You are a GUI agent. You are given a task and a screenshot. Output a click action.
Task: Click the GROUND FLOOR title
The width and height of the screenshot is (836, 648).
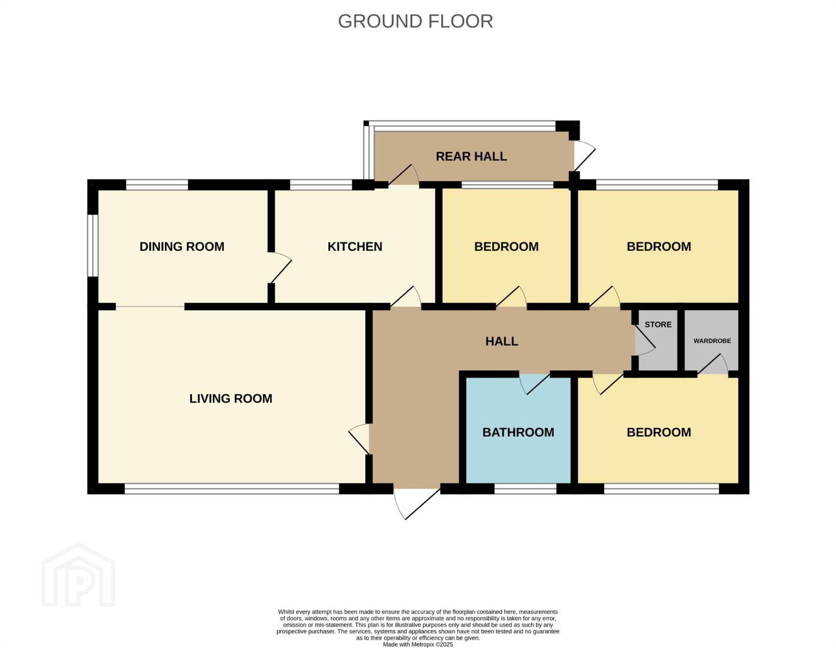coord(415,22)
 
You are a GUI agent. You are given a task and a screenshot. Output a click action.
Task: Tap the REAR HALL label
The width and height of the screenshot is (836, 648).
coord(471,157)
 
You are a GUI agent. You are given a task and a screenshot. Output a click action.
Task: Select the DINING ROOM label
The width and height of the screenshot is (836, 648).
coord(182,247)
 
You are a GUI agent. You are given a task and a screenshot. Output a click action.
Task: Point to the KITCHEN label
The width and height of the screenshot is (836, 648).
coord(355,247)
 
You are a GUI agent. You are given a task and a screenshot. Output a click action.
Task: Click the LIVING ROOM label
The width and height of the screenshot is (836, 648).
coord(231,398)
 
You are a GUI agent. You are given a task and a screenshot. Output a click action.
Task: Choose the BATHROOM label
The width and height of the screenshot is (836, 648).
coord(518,432)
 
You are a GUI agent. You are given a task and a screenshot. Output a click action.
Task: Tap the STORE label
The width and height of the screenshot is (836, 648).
coord(658,325)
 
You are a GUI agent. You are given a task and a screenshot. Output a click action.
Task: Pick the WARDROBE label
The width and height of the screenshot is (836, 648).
coord(712,341)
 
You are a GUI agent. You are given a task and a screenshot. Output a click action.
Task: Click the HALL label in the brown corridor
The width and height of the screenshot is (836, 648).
coord(502,341)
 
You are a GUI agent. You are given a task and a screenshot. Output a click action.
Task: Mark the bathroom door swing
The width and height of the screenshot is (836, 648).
coord(535,384)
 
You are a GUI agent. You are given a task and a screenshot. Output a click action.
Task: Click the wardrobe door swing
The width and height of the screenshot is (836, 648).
coord(712,364)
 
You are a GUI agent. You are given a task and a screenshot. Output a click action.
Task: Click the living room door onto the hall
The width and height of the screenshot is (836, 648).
coord(359,439)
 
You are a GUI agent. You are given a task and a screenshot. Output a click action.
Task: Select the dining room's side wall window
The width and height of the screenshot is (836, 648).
coord(92,245)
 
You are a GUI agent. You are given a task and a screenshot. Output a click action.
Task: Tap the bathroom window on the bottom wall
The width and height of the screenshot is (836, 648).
coord(525,489)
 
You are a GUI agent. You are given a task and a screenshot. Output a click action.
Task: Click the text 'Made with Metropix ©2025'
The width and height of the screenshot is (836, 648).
coord(418,644)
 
